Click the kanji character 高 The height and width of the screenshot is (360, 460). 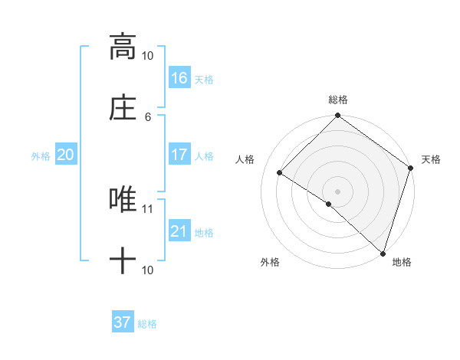click(123, 47)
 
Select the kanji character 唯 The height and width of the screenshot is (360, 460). click(123, 200)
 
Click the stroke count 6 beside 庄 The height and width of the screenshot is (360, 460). click(148, 116)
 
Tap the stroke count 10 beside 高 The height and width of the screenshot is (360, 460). click(148, 56)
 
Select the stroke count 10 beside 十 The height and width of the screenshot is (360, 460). click(148, 270)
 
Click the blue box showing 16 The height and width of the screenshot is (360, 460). click(179, 78)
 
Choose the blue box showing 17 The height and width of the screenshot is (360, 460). click(179, 155)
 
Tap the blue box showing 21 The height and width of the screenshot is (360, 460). click(179, 231)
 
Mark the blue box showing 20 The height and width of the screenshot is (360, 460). click(66, 155)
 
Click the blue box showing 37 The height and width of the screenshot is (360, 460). click(123, 322)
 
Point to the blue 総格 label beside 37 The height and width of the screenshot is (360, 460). click(147, 324)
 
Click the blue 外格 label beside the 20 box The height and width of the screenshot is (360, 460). click(41, 156)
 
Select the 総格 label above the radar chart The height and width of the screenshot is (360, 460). click(338, 100)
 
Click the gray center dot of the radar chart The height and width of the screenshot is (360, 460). click(338, 191)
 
